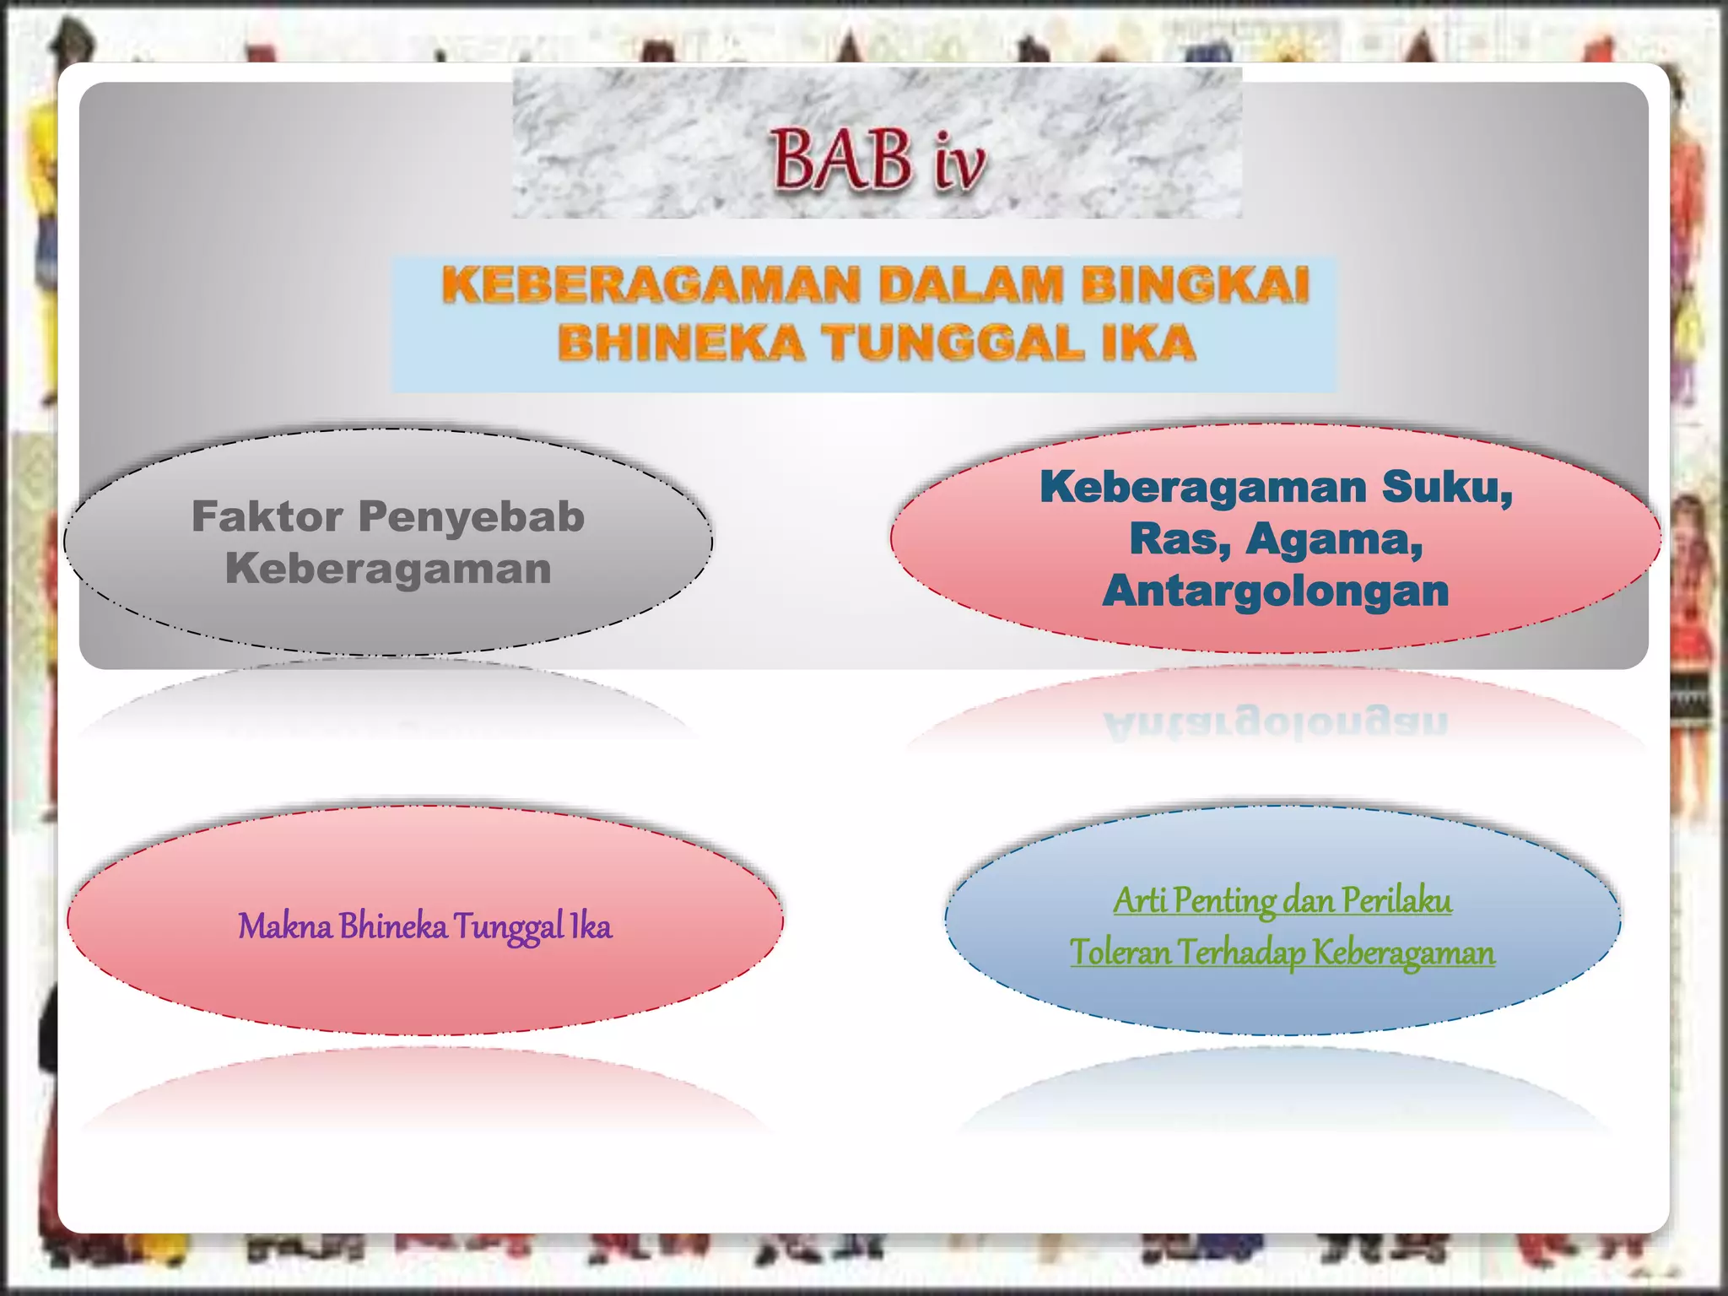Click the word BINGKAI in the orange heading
tap(1195, 284)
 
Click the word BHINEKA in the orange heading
tap(681, 343)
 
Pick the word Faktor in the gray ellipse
tap(267, 516)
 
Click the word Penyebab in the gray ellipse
tap(471, 516)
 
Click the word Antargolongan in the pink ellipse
tap(1275, 590)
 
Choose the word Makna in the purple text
tap(284, 926)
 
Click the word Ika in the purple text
tap(591, 926)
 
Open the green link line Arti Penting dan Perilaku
tap(1282, 900)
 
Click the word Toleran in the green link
tap(1120, 953)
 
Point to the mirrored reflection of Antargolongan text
tap(1275, 723)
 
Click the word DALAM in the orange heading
tap(969, 284)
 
